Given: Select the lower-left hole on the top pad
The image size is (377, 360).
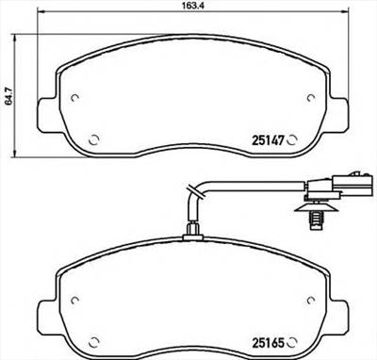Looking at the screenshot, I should [92, 140].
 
